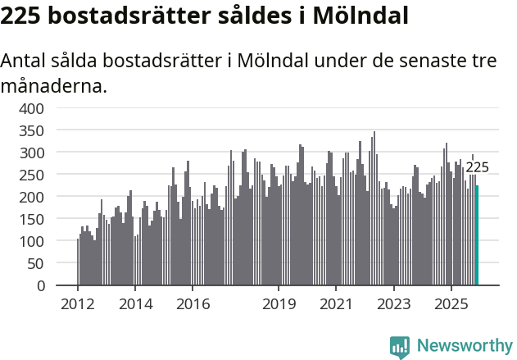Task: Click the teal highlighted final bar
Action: click(477, 235)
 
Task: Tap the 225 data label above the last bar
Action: click(477, 167)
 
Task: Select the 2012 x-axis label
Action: click(78, 304)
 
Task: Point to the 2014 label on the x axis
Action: click(135, 304)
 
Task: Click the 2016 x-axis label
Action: click(193, 304)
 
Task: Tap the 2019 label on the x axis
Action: click(279, 304)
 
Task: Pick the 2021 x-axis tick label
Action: click(336, 304)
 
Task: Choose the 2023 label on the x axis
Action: click(394, 304)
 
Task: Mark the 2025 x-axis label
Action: click(451, 304)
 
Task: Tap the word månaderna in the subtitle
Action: click(54, 85)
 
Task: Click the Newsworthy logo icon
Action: click(400, 346)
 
